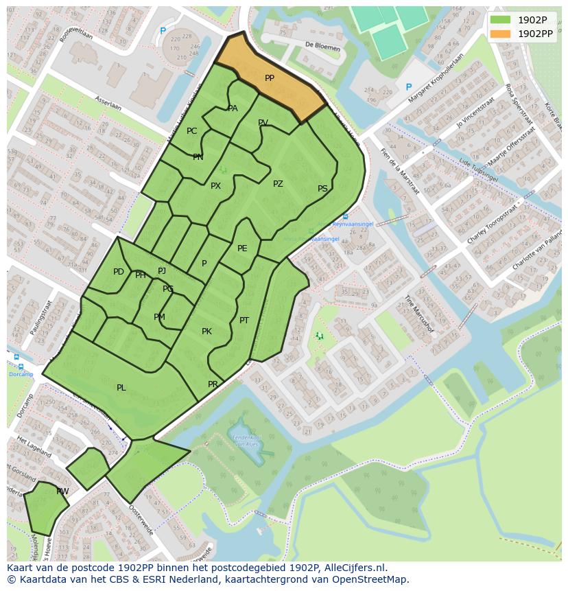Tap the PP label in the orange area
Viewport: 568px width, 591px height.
270,79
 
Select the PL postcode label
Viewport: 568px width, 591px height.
121,388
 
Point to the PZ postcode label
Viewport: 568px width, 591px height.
278,184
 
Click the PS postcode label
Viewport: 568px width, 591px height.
322,189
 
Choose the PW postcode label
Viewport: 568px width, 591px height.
62,491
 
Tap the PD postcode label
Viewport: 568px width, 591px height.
119,272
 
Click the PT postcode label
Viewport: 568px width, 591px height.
244,321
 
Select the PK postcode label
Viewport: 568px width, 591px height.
206,332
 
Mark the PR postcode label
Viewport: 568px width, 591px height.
213,384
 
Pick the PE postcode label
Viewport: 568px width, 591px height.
242,248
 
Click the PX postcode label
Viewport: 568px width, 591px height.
215,186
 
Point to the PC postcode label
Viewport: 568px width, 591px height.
192,131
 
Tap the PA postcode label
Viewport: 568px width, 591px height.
233,108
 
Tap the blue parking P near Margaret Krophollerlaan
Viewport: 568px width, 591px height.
409,87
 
